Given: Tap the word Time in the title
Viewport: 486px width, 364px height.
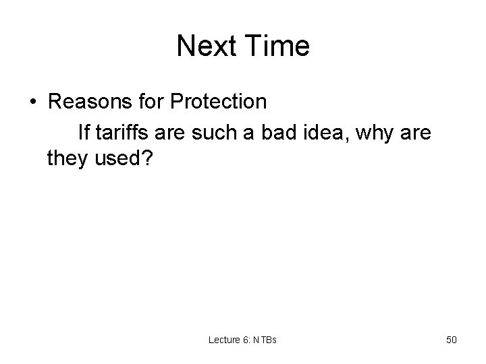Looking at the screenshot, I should pos(276,47).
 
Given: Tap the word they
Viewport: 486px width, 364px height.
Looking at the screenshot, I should pos(66,158).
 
